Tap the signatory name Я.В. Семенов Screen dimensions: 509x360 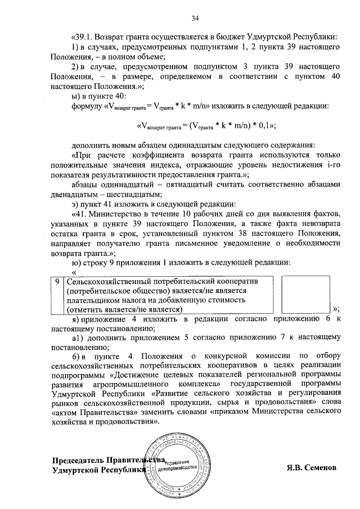[x=308, y=467]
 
